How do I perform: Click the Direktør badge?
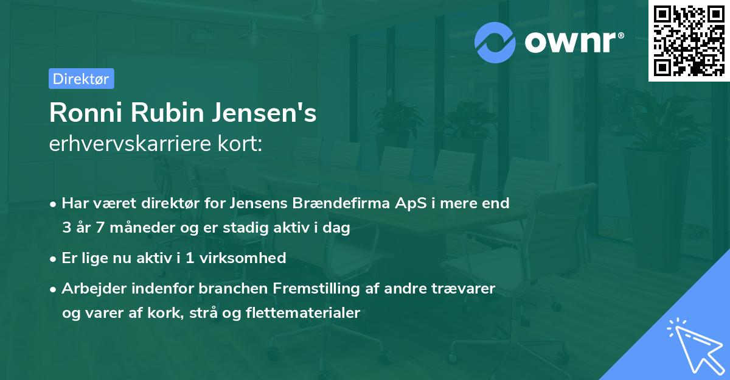[81, 79]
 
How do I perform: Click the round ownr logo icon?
[495, 43]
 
